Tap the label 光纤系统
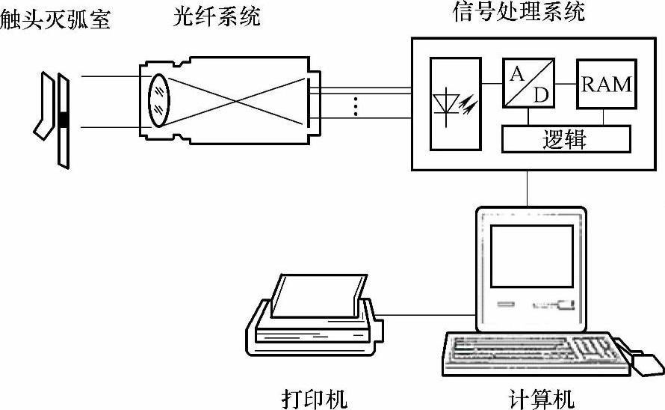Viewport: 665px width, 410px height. (x=214, y=16)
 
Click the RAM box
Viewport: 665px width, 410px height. (x=607, y=84)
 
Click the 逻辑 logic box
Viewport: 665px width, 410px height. (x=566, y=139)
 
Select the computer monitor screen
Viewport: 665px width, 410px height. (x=531, y=256)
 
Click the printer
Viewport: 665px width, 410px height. (x=314, y=322)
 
